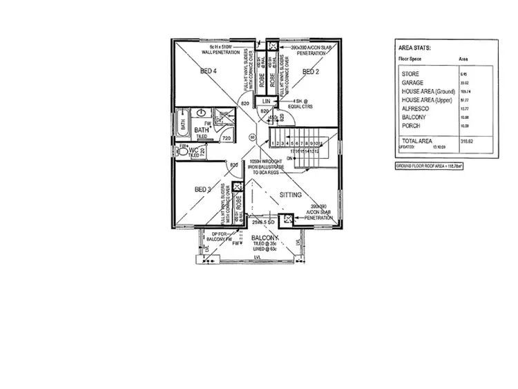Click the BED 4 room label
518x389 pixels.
click(x=209, y=71)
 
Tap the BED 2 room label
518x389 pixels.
click(x=311, y=71)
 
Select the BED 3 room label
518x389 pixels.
click(x=202, y=189)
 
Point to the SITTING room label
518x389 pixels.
click(x=291, y=195)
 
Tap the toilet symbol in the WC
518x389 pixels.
click(x=183, y=154)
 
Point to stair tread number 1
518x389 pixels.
click(x=274, y=143)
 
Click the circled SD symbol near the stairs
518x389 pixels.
click(x=254, y=137)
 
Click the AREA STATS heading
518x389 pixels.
click(x=416, y=48)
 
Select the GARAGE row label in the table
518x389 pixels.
click(x=412, y=82)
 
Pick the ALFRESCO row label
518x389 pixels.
click(x=414, y=109)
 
